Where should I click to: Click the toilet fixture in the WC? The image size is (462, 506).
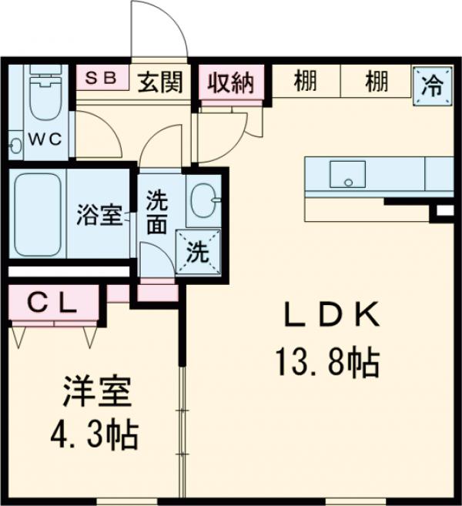point(40,100)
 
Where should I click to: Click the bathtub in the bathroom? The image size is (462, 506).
point(38,216)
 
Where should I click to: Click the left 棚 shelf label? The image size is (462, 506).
point(306,81)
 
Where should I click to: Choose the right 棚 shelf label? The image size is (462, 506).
point(377,81)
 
